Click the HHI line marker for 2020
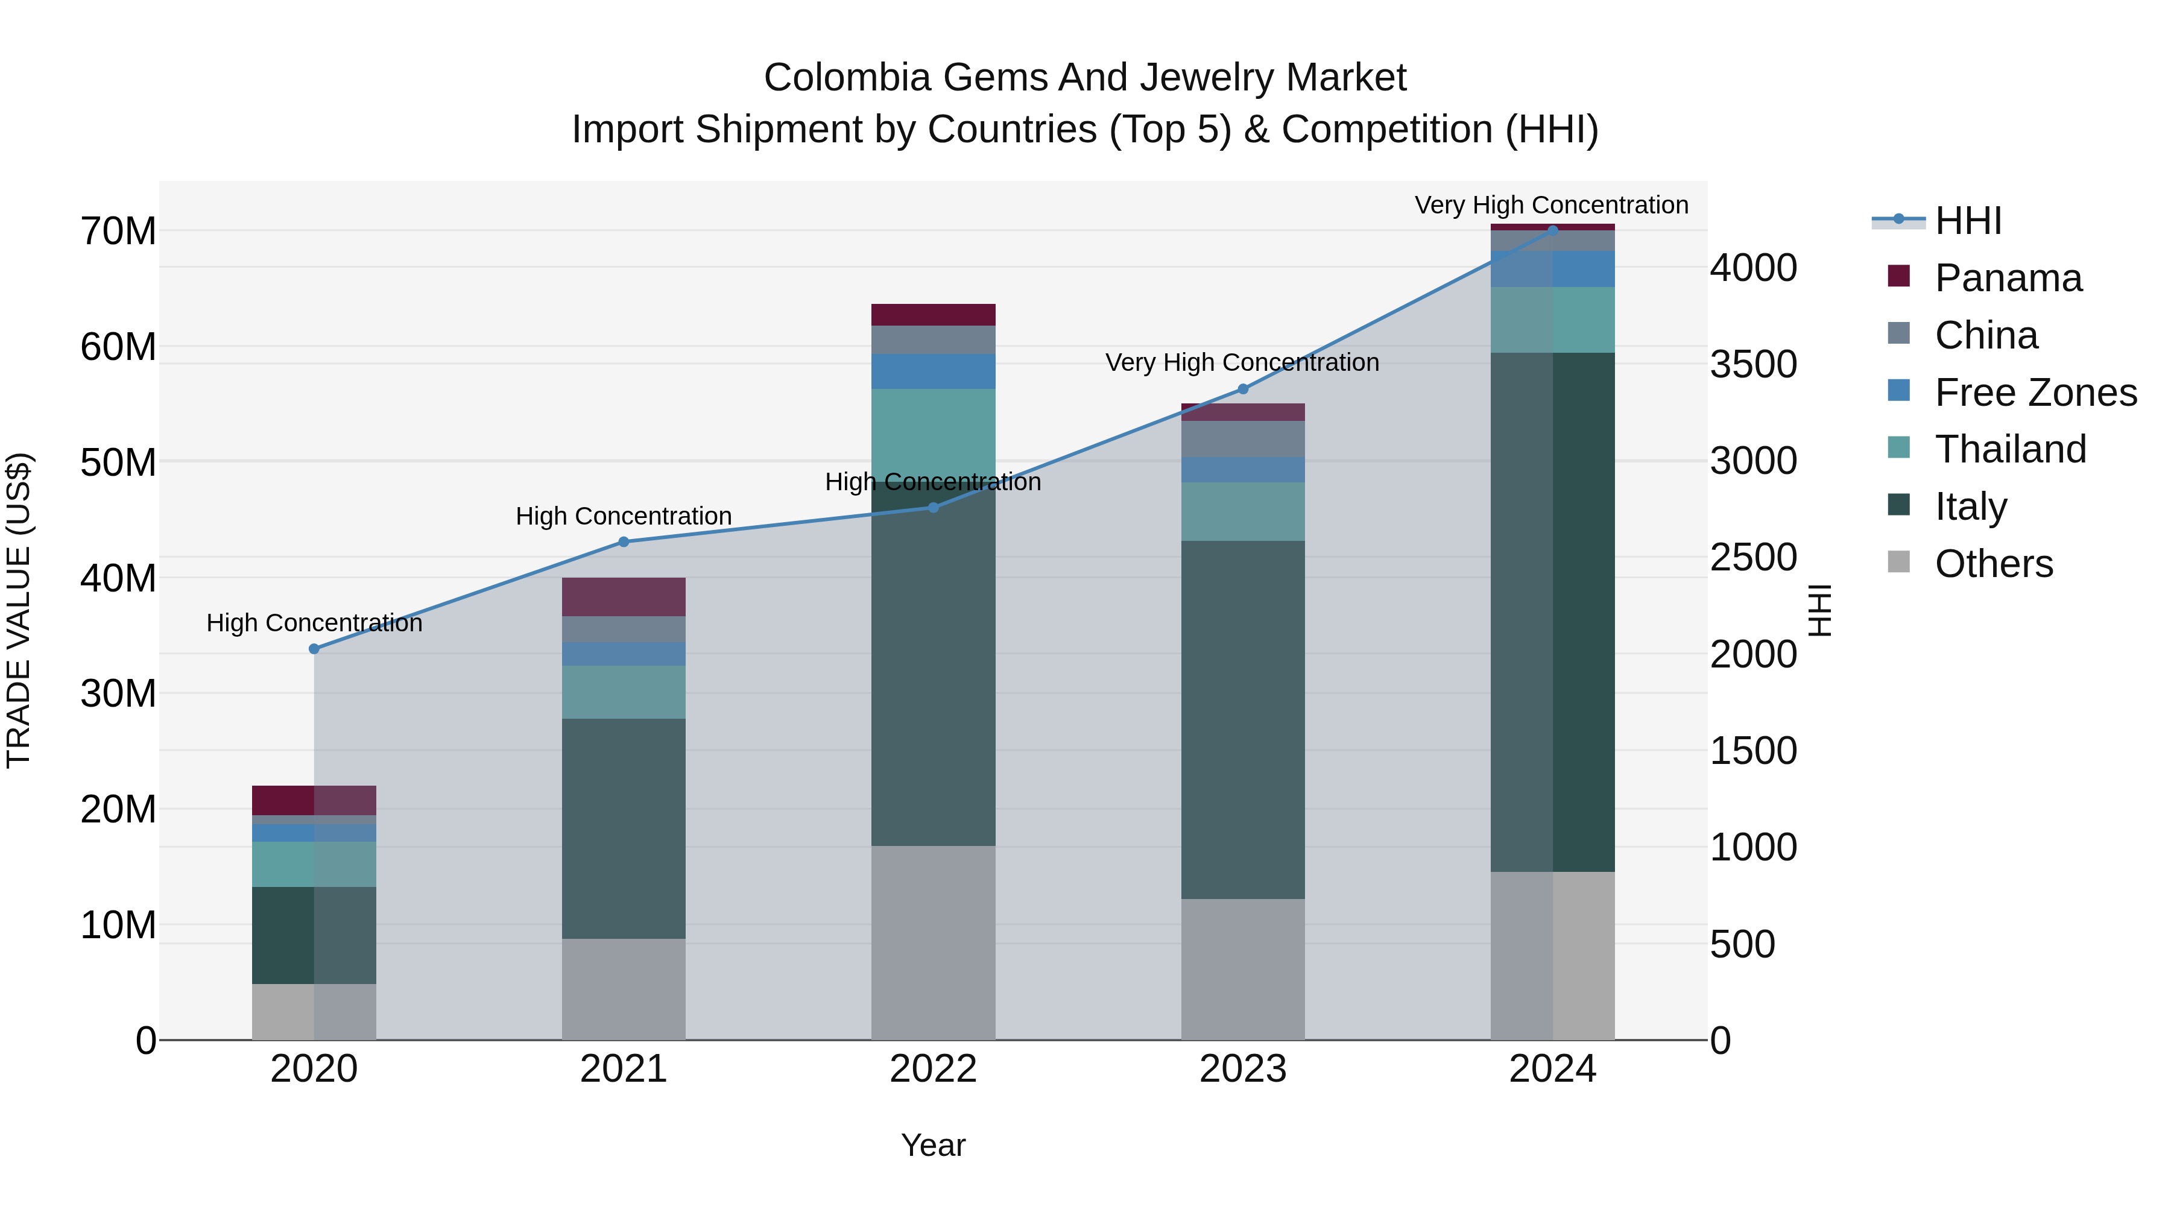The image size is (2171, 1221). [x=314, y=649]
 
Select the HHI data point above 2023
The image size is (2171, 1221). [x=1242, y=390]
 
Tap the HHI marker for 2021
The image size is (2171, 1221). [x=624, y=542]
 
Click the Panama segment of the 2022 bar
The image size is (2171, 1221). [x=933, y=314]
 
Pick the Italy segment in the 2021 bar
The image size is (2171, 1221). [x=624, y=828]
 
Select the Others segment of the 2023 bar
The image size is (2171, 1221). [x=1242, y=969]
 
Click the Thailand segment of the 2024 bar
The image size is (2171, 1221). [x=1552, y=320]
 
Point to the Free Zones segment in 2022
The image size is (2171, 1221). [x=933, y=371]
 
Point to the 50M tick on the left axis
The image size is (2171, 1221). [x=118, y=462]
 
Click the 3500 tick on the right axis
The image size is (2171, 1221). [x=1753, y=365]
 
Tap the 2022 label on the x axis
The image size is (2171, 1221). [x=933, y=1069]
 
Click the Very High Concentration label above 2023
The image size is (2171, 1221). [x=1242, y=362]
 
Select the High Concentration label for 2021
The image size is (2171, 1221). [x=624, y=516]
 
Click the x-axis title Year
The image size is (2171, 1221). [x=933, y=1145]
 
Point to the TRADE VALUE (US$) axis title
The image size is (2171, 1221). [x=19, y=610]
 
